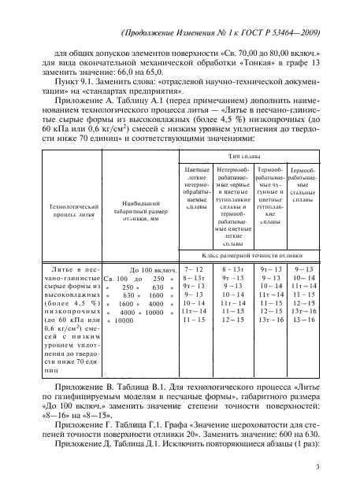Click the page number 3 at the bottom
(x=315, y=467)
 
